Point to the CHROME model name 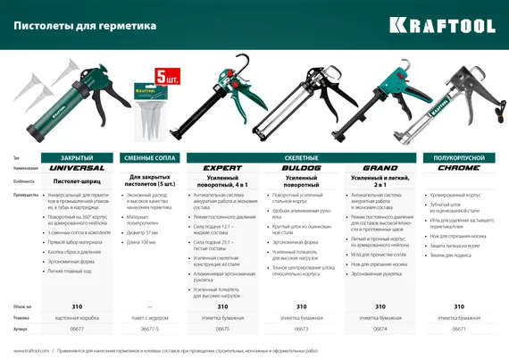(x=459, y=167)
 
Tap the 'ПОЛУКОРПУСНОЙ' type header (x=459, y=156)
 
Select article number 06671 (x=459, y=329)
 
